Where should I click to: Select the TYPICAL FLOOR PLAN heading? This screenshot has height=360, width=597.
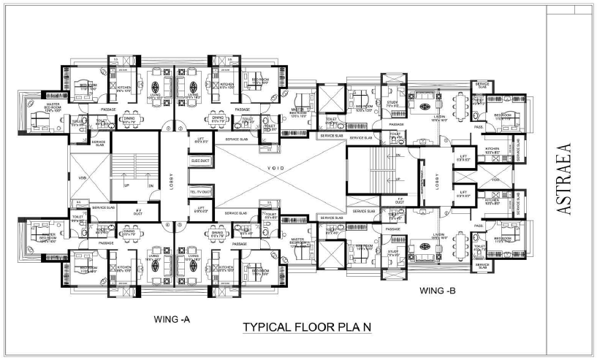click(308, 327)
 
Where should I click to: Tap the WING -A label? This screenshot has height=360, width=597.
click(172, 319)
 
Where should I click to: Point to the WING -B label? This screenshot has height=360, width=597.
click(438, 291)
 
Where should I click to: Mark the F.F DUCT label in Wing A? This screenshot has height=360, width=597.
click(137, 212)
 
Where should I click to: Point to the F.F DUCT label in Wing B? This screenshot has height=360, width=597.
click(399, 200)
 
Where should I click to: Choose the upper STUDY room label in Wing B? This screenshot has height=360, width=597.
click(393, 104)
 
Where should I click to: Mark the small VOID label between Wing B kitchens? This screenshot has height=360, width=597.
click(495, 179)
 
